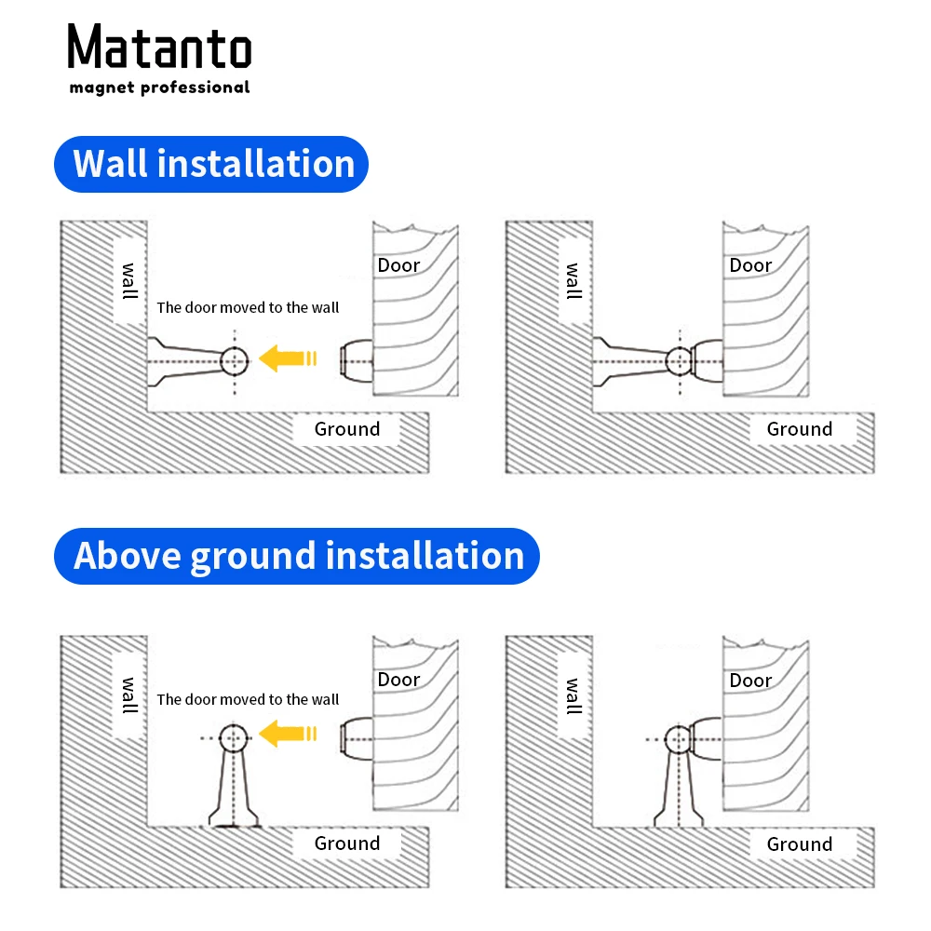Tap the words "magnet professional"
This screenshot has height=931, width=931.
[x=159, y=88]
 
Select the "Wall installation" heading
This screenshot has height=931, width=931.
[x=213, y=164]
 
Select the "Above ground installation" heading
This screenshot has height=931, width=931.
[x=298, y=556]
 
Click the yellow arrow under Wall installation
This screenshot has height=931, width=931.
[x=289, y=358]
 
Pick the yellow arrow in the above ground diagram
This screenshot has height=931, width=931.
[x=289, y=735]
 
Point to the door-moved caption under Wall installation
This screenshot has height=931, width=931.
[x=248, y=307]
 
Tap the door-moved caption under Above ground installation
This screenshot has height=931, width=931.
[x=248, y=699]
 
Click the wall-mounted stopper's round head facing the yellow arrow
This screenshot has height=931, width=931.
[x=235, y=359]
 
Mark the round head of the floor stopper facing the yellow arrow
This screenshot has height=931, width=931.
[x=234, y=738]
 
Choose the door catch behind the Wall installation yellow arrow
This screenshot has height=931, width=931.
[x=357, y=359]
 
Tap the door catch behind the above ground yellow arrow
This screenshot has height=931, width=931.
[x=357, y=736]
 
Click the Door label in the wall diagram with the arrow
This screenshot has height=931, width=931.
[x=398, y=265]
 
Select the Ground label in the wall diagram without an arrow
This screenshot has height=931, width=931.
[x=799, y=429]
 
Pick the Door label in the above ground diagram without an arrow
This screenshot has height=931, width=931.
[x=750, y=681]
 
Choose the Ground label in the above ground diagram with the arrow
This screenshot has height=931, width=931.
[x=347, y=843]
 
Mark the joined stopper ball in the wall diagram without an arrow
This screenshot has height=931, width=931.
[x=680, y=360]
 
